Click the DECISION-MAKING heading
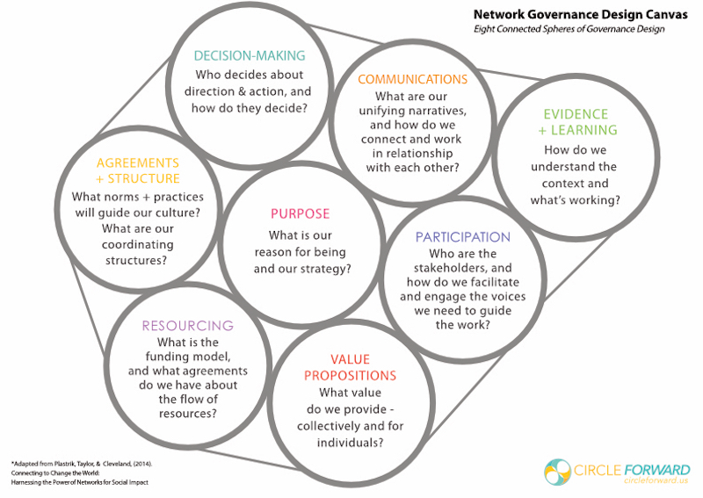pyautogui.click(x=250, y=55)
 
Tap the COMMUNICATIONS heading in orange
pyautogui.click(x=412, y=79)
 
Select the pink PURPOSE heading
pyautogui.click(x=300, y=213)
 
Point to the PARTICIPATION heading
pyautogui.click(x=463, y=237)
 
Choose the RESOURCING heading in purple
pyautogui.click(x=188, y=326)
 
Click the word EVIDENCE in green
pyautogui.click(x=576, y=114)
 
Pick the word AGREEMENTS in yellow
pyautogui.click(x=138, y=162)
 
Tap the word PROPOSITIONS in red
pyautogui.click(x=350, y=376)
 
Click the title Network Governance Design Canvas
pyautogui.click(x=580, y=14)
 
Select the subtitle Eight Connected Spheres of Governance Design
pyautogui.click(x=569, y=29)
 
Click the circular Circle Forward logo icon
pyautogui.click(x=557, y=472)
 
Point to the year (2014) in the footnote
pyautogui.click(x=143, y=464)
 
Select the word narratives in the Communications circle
pyautogui.click(x=438, y=111)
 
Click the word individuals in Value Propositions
pyautogui.click(x=350, y=443)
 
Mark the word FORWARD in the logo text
pyautogui.click(x=656, y=470)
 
